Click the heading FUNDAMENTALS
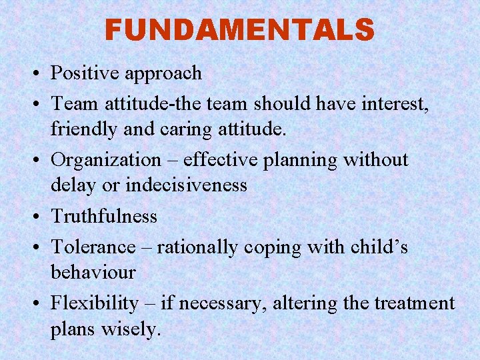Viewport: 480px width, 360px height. (239, 30)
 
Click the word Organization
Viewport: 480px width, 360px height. (106, 161)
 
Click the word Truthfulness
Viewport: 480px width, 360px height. (104, 216)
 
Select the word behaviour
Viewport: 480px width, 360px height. (93, 272)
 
